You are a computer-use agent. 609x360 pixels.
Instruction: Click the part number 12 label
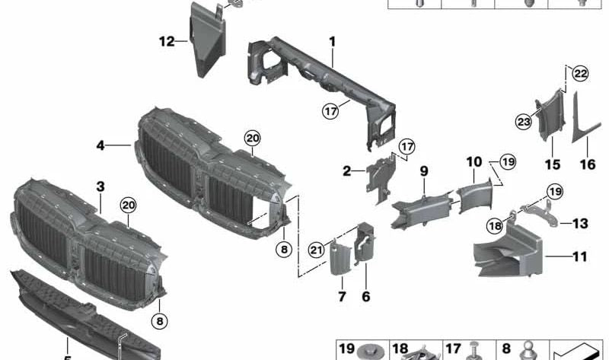tap(167, 41)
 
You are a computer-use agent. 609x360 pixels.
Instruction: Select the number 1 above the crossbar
tap(332, 42)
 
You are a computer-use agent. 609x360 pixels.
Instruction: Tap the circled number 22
tap(580, 74)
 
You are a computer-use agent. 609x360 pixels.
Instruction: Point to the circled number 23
tap(524, 122)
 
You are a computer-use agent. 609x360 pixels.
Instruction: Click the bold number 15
tap(553, 164)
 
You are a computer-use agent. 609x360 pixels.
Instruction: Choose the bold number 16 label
tap(588, 164)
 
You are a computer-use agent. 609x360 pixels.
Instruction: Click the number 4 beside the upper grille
tap(100, 145)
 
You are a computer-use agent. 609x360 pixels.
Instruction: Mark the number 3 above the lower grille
tap(100, 186)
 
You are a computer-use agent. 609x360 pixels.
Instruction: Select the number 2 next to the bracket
tap(346, 171)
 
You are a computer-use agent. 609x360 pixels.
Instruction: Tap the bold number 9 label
tap(424, 171)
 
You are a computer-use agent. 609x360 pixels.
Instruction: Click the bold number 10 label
tap(473, 162)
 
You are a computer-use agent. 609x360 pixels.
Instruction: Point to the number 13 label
tap(580, 223)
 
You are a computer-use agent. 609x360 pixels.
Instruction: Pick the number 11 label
tap(580, 256)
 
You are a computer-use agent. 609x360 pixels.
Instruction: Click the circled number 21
tap(317, 250)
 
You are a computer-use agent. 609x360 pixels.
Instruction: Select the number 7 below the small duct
tap(342, 297)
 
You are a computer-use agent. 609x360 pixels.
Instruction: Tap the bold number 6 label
tap(366, 297)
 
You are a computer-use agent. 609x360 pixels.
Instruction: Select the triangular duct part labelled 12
tap(206, 41)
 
